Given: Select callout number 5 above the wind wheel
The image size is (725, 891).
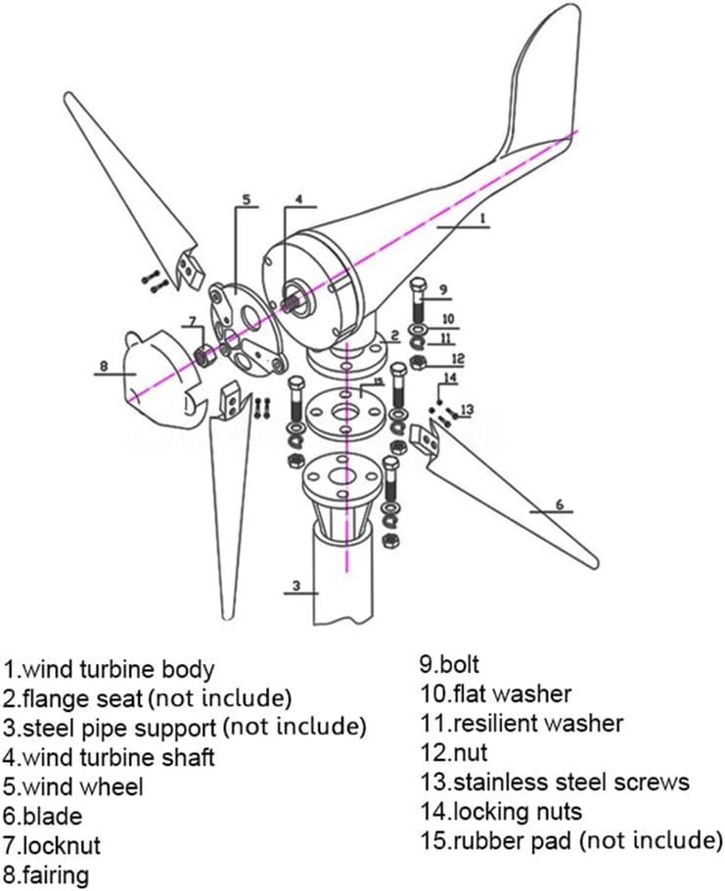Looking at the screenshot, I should (x=246, y=200).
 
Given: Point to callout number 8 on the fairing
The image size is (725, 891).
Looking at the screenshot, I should (x=103, y=368).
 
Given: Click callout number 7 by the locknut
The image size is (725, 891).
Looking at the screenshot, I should (x=193, y=321).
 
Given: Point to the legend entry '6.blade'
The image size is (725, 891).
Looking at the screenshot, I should (x=43, y=815).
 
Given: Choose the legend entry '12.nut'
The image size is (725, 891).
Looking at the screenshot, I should (x=454, y=753).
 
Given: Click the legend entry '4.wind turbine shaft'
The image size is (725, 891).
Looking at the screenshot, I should (x=109, y=757).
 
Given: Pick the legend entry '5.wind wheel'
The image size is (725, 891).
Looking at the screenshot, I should (x=73, y=786).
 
